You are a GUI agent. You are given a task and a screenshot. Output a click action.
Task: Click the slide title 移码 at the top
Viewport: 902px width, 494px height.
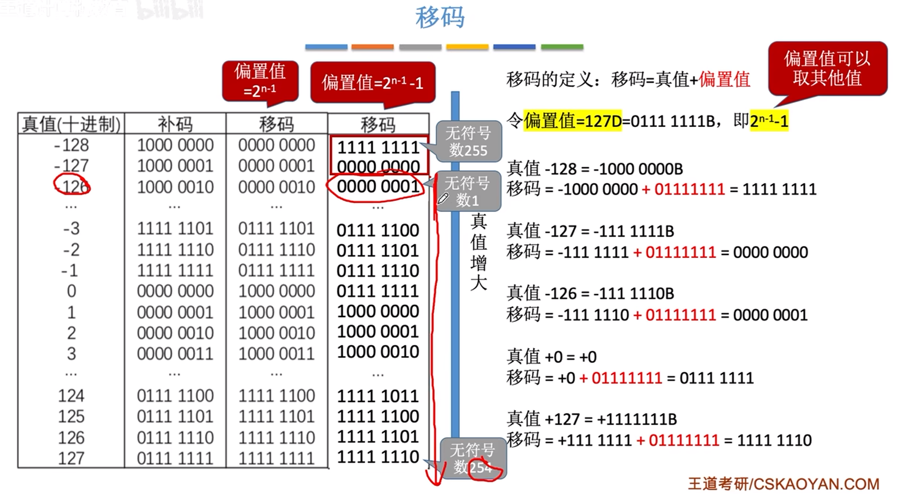click(440, 17)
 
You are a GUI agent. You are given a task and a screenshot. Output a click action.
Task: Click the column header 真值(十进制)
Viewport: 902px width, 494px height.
click(71, 124)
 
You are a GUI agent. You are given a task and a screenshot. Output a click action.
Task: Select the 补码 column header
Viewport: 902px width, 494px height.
click(175, 124)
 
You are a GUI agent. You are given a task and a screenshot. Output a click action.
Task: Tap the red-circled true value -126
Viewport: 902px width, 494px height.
click(72, 186)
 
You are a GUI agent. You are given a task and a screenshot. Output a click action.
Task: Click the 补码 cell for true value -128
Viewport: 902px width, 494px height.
click(175, 145)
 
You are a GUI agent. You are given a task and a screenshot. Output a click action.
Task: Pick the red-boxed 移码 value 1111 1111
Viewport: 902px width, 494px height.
click(378, 147)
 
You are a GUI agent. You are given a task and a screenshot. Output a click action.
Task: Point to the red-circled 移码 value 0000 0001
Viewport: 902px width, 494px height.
click(378, 187)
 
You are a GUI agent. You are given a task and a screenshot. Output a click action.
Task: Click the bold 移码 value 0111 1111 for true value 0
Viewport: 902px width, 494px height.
click(378, 291)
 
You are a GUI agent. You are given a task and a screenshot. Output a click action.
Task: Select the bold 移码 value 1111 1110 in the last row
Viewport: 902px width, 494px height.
click(378, 457)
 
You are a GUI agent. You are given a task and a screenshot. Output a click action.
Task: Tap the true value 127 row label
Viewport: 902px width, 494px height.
click(71, 458)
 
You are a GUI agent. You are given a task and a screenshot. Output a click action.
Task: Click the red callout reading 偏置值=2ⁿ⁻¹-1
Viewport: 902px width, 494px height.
click(373, 83)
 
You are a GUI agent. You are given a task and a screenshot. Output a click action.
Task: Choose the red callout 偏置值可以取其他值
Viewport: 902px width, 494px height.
click(827, 68)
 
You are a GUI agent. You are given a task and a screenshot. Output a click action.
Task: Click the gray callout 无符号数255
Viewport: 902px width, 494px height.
click(468, 141)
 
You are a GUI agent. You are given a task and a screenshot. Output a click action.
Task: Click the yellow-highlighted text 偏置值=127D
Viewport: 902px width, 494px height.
click(573, 121)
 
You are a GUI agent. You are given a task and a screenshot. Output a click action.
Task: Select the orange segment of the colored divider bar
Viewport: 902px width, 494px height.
click(373, 47)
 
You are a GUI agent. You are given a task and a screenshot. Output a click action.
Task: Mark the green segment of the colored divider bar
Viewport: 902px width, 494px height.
click(562, 47)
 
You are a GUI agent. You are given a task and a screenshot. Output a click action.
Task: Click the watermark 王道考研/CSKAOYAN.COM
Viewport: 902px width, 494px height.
click(783, 484)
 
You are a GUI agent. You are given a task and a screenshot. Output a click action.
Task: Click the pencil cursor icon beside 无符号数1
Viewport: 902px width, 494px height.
click(443, 199)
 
